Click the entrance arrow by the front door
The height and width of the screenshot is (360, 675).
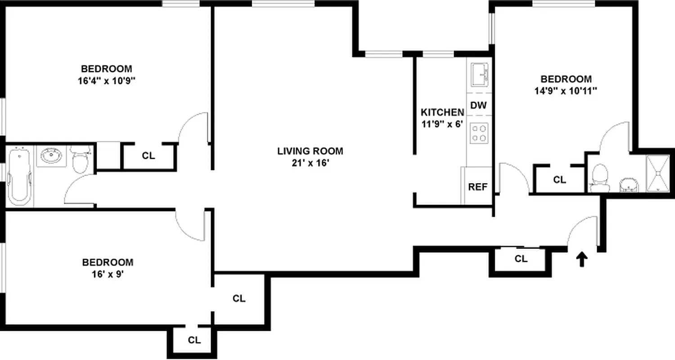(582, 259)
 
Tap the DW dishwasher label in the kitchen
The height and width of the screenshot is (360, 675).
(479, 106)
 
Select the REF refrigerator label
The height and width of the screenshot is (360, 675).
(478, 187)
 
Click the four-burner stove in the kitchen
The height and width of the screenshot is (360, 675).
(479, 133)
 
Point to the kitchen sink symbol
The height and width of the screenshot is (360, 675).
(480, 74)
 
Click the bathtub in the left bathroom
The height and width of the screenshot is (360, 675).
(19, 176)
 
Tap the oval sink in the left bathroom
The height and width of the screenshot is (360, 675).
(51, 156)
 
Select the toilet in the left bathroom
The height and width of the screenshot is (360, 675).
(81, 160)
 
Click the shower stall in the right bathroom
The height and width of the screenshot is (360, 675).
(658, 173)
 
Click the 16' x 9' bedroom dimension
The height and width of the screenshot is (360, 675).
(107, 274)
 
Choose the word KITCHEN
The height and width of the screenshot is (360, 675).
(442, 112)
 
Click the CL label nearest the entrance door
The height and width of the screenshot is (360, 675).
(521, 259)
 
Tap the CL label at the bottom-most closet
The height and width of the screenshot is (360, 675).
(194, 340)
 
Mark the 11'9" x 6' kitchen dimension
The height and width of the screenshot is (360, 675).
(442, 124)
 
